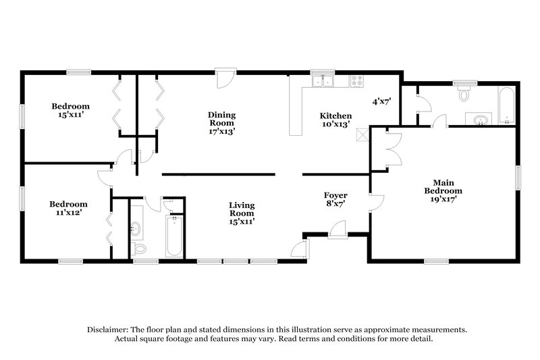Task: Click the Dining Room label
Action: (221, 123)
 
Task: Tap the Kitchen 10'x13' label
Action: (335, 120)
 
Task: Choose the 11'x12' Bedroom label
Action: (68, 209)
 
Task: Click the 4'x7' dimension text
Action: (382, 101)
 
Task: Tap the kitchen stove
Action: (356, 82)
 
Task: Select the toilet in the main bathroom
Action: (463, 94)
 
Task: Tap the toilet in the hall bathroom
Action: (140, 249)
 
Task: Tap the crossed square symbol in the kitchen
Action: (363, 134)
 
